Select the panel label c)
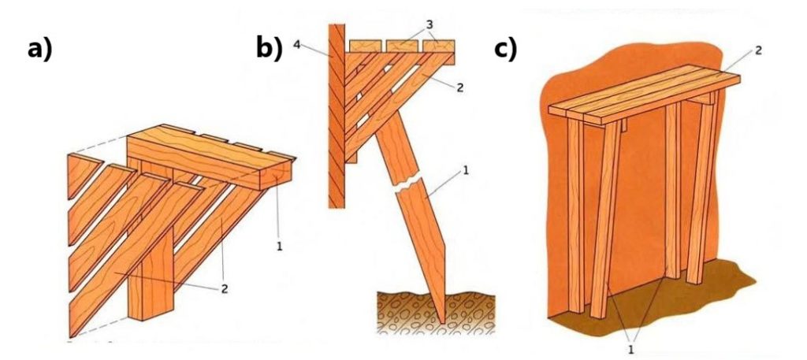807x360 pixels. (x=505, y=49)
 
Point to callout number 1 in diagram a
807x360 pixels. (x=281, y=246)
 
